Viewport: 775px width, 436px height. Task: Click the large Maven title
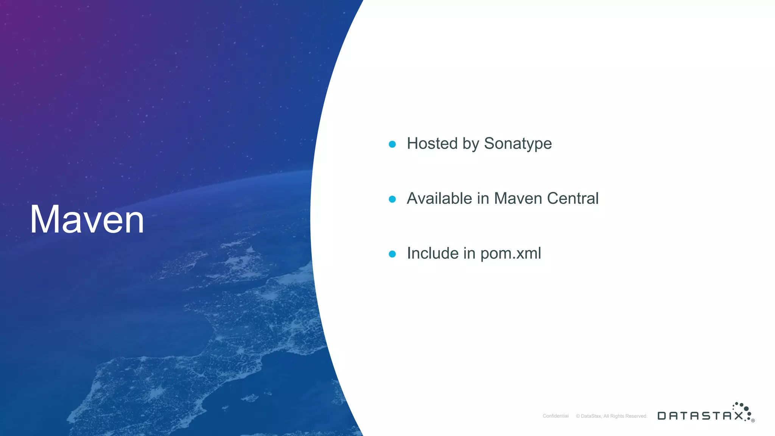click(87, 220)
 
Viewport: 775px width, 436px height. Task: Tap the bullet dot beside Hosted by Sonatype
click(392, 144)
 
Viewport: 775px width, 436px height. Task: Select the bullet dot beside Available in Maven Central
click(392, 199)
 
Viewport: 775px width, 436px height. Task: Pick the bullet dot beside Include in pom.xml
click(392, 254)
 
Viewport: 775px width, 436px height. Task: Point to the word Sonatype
click(518, 144)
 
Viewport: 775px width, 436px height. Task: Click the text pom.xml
click(510, 254)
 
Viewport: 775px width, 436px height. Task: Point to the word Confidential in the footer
click(556, 416)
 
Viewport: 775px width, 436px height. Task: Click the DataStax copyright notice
click(612, 416)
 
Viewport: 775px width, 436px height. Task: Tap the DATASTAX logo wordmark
click(700, 416)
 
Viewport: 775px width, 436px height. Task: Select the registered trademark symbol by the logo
click(753, 420)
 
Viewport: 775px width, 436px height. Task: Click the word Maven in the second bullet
click(518, 199)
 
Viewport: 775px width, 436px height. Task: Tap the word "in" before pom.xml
click(469, 254)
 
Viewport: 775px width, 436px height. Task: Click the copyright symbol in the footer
click(578, 416)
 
